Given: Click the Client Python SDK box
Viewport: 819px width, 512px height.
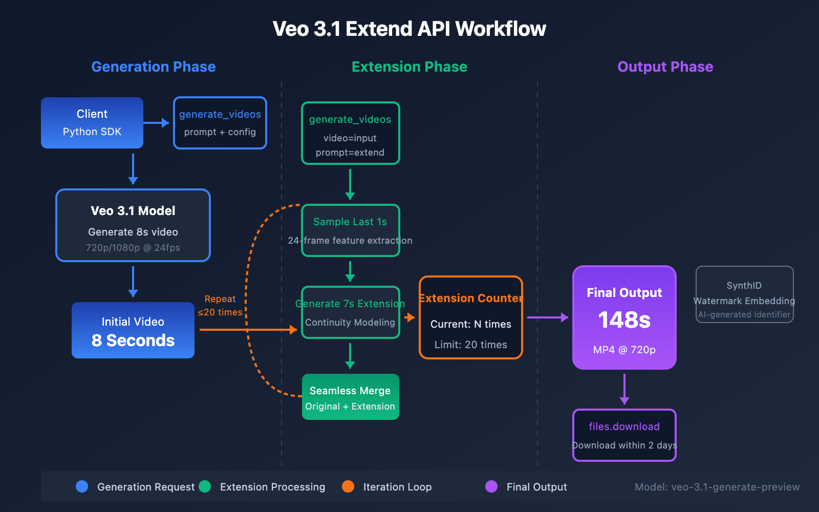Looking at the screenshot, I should point(92,123).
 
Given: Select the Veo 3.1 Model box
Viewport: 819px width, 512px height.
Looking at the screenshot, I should point(133,225).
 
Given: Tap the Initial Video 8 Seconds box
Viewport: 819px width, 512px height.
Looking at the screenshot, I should point(133,330).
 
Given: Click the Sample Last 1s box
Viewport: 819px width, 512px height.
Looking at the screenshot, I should point(351,230).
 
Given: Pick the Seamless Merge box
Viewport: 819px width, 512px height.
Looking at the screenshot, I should point(351,397).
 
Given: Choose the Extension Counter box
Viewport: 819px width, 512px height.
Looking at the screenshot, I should point(471,317).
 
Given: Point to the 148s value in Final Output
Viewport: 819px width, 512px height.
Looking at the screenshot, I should point(624,320).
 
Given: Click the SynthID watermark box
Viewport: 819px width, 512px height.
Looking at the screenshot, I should point(745,294).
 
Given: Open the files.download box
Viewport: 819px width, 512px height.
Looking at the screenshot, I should point(624,435).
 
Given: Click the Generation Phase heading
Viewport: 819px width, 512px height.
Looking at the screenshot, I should point(154,67).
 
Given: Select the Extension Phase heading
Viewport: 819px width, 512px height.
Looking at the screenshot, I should point(409,67).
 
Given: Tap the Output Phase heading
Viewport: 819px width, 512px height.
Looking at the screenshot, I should point(665,67).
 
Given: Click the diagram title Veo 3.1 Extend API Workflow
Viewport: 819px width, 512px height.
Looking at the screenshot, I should point(409,29).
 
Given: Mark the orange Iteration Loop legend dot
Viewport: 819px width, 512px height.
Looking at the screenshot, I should point(348,486).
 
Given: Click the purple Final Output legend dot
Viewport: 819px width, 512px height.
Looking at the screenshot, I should point(491,486).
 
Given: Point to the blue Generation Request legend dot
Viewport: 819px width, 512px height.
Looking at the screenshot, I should point(82,486).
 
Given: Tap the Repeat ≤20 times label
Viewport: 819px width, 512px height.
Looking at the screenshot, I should point(220,306).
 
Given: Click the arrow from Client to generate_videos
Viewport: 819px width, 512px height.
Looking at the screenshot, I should point(157,123).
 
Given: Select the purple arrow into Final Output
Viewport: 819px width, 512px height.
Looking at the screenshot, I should point(548,317).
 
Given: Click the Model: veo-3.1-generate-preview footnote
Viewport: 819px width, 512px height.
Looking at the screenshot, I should point(717,487).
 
